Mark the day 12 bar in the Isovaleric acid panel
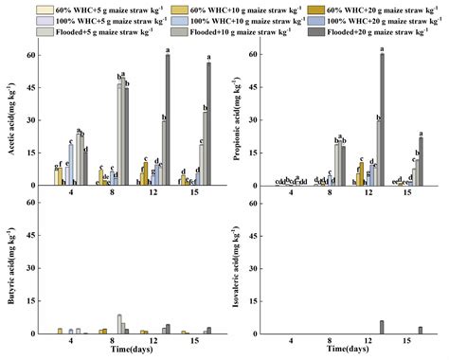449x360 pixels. (x=382, y=327)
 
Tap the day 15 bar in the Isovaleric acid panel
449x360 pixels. (x=421, y=330)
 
